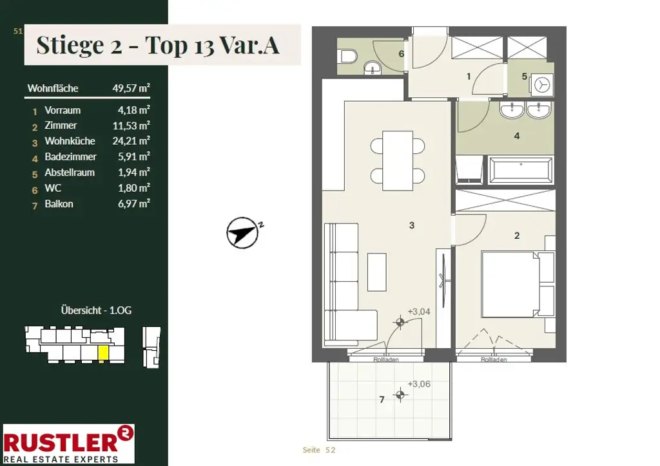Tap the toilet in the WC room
(x=349, y=56)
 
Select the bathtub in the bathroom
(x=521, y=171)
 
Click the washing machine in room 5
(x=541, y=86)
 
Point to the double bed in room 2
(x=518, y=284)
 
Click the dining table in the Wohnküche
(x=397, y=160)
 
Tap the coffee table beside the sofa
(x=376, y=272)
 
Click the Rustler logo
(x=68, y=443)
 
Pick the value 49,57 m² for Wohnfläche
(x=131, y=88)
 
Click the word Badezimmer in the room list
(x=71, y=157)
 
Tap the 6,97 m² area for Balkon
(x=134, y=204)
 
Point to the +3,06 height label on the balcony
(x=419, y=384)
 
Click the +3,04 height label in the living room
(x=419, y=312)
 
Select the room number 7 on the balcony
(x=382, y=400)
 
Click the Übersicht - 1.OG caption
(x=97, y=310)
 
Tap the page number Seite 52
(x=319, y=450)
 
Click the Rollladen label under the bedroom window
(x=494, y=360)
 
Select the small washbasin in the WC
(x=372, y=68)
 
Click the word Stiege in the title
(x=70, y=46)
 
